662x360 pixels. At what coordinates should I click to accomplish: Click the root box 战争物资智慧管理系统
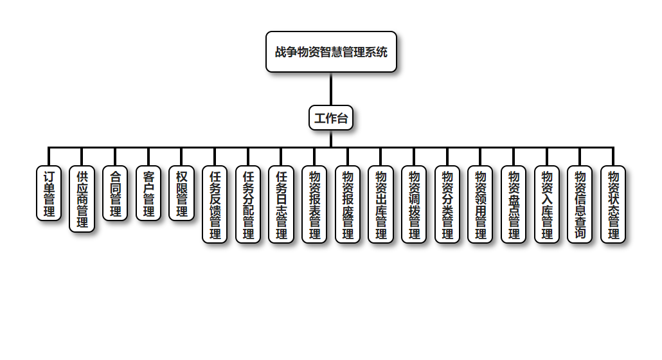click(331, 52)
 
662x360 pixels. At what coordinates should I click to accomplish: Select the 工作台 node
click(331, 118)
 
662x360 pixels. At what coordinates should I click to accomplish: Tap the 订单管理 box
click(49, 194)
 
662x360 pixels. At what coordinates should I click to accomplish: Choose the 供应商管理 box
click(82, 199)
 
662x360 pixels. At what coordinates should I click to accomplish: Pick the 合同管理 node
click(115, 194)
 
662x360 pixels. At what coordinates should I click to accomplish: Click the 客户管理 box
click(148, 194)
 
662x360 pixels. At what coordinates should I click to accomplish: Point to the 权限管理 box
click(182, 194)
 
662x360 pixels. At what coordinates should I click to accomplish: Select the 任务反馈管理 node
click(215, 204)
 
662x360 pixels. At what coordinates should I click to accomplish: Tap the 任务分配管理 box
click(248, 204)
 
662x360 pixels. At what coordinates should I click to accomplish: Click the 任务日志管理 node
click(281, 204)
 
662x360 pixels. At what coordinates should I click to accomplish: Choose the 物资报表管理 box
click(314, 204)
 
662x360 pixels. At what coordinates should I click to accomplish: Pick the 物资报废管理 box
click(348, 204)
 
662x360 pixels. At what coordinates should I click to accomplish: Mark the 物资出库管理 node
click(380, 204)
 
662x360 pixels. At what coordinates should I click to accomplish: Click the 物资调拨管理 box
click(414, 204)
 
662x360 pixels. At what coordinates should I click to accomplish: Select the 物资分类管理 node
click(447, 204)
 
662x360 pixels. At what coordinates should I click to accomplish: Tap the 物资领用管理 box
click(480, 204)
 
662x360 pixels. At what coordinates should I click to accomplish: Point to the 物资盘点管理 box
click(514, 204)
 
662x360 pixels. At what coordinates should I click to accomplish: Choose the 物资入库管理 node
click(546, 204)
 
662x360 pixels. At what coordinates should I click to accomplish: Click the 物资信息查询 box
click(580, 204)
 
